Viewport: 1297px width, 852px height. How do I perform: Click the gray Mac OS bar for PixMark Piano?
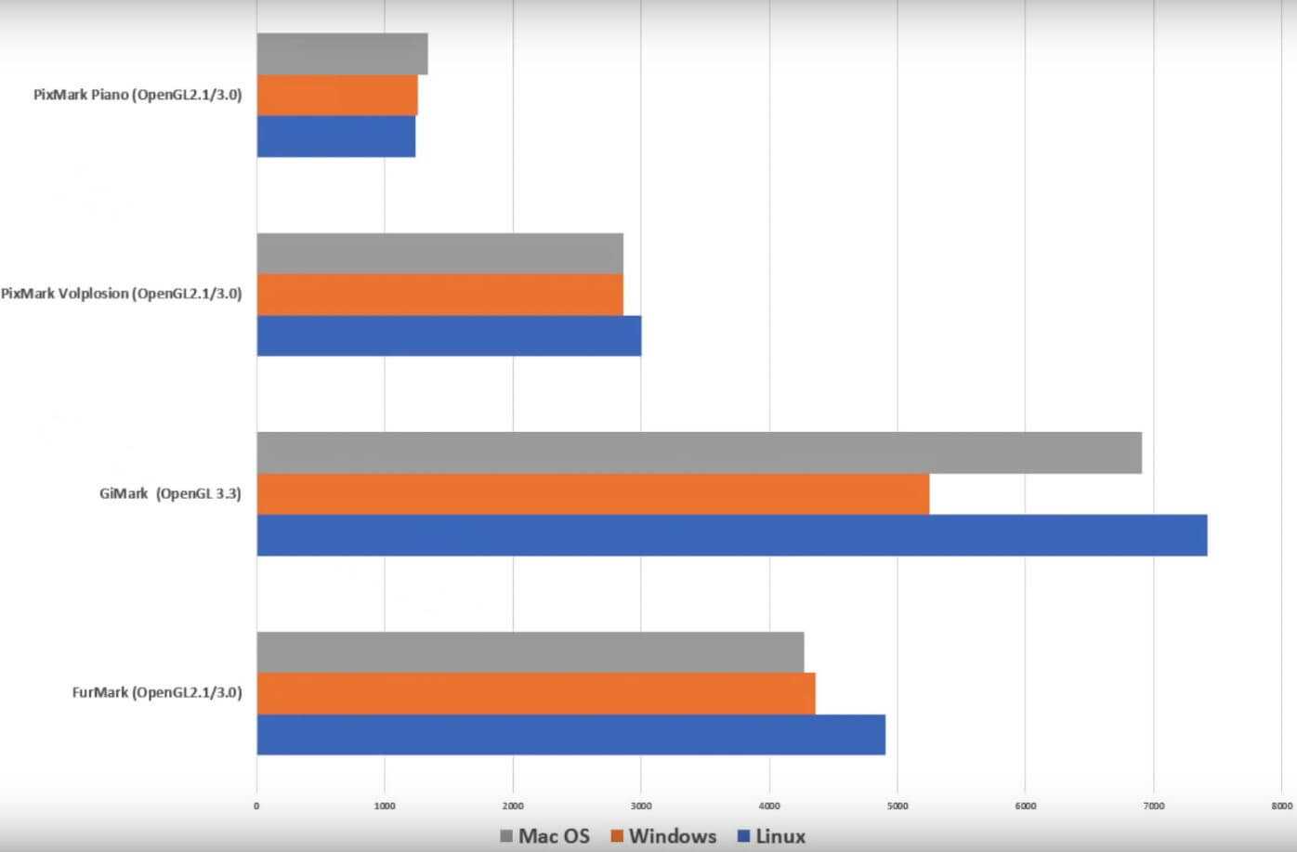(342, 54)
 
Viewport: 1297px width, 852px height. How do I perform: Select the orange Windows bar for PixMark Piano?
(337, 95)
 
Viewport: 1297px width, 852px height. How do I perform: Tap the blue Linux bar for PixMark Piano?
(335, 136)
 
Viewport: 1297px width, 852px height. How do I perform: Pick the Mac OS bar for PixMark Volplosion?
(439, 253)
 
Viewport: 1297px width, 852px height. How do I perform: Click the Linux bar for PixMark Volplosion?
(449, 335)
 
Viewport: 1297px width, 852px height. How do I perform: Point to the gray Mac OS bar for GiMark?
(699, 452)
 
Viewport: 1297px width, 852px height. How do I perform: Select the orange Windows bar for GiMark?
(593, 494)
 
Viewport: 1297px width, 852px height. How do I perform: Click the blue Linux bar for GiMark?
(731, 535)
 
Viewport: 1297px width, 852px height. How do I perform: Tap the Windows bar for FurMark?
(535, 693)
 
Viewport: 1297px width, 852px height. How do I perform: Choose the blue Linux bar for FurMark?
(570, 734)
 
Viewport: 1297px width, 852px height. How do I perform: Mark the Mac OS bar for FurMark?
(530, 652)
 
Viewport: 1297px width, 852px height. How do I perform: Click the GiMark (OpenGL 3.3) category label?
(170, 493)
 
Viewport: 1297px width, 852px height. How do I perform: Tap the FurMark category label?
(157, 693)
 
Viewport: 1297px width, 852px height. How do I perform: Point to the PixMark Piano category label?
(138, 95)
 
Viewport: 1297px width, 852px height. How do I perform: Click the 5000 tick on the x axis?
(897, 806)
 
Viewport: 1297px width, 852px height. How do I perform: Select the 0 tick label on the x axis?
(256, 806)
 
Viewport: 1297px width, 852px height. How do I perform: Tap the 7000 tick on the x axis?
(1153, 806)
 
